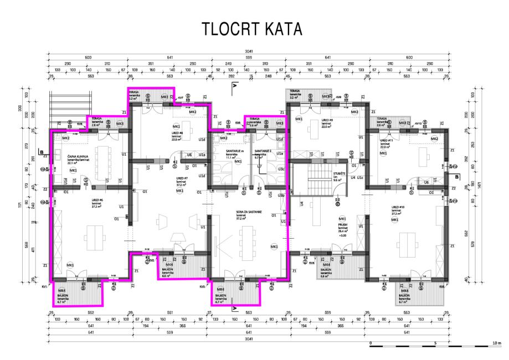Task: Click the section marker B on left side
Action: (41, 151)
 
